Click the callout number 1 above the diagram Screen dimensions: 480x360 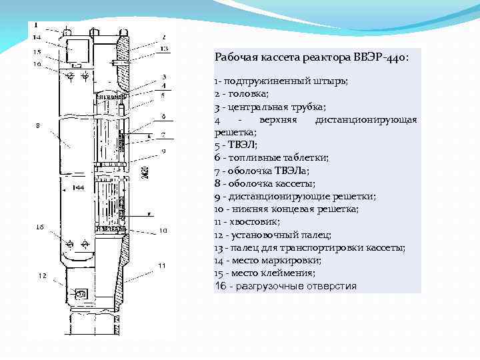tap(35, 25)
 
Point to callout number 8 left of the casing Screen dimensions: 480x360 tap(38, 125)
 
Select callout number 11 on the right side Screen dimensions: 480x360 tap(162, 265)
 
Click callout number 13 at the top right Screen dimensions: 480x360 tap(164, 49)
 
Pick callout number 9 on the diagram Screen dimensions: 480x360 tap(163, 151)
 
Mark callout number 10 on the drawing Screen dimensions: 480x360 tap(163, 230)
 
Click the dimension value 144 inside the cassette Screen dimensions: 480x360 tap(78, 189)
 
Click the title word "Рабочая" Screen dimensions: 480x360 tap(236, 57)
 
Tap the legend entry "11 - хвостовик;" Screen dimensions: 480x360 tap(247, 221)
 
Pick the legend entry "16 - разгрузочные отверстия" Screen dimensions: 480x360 tap(285, 286)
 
